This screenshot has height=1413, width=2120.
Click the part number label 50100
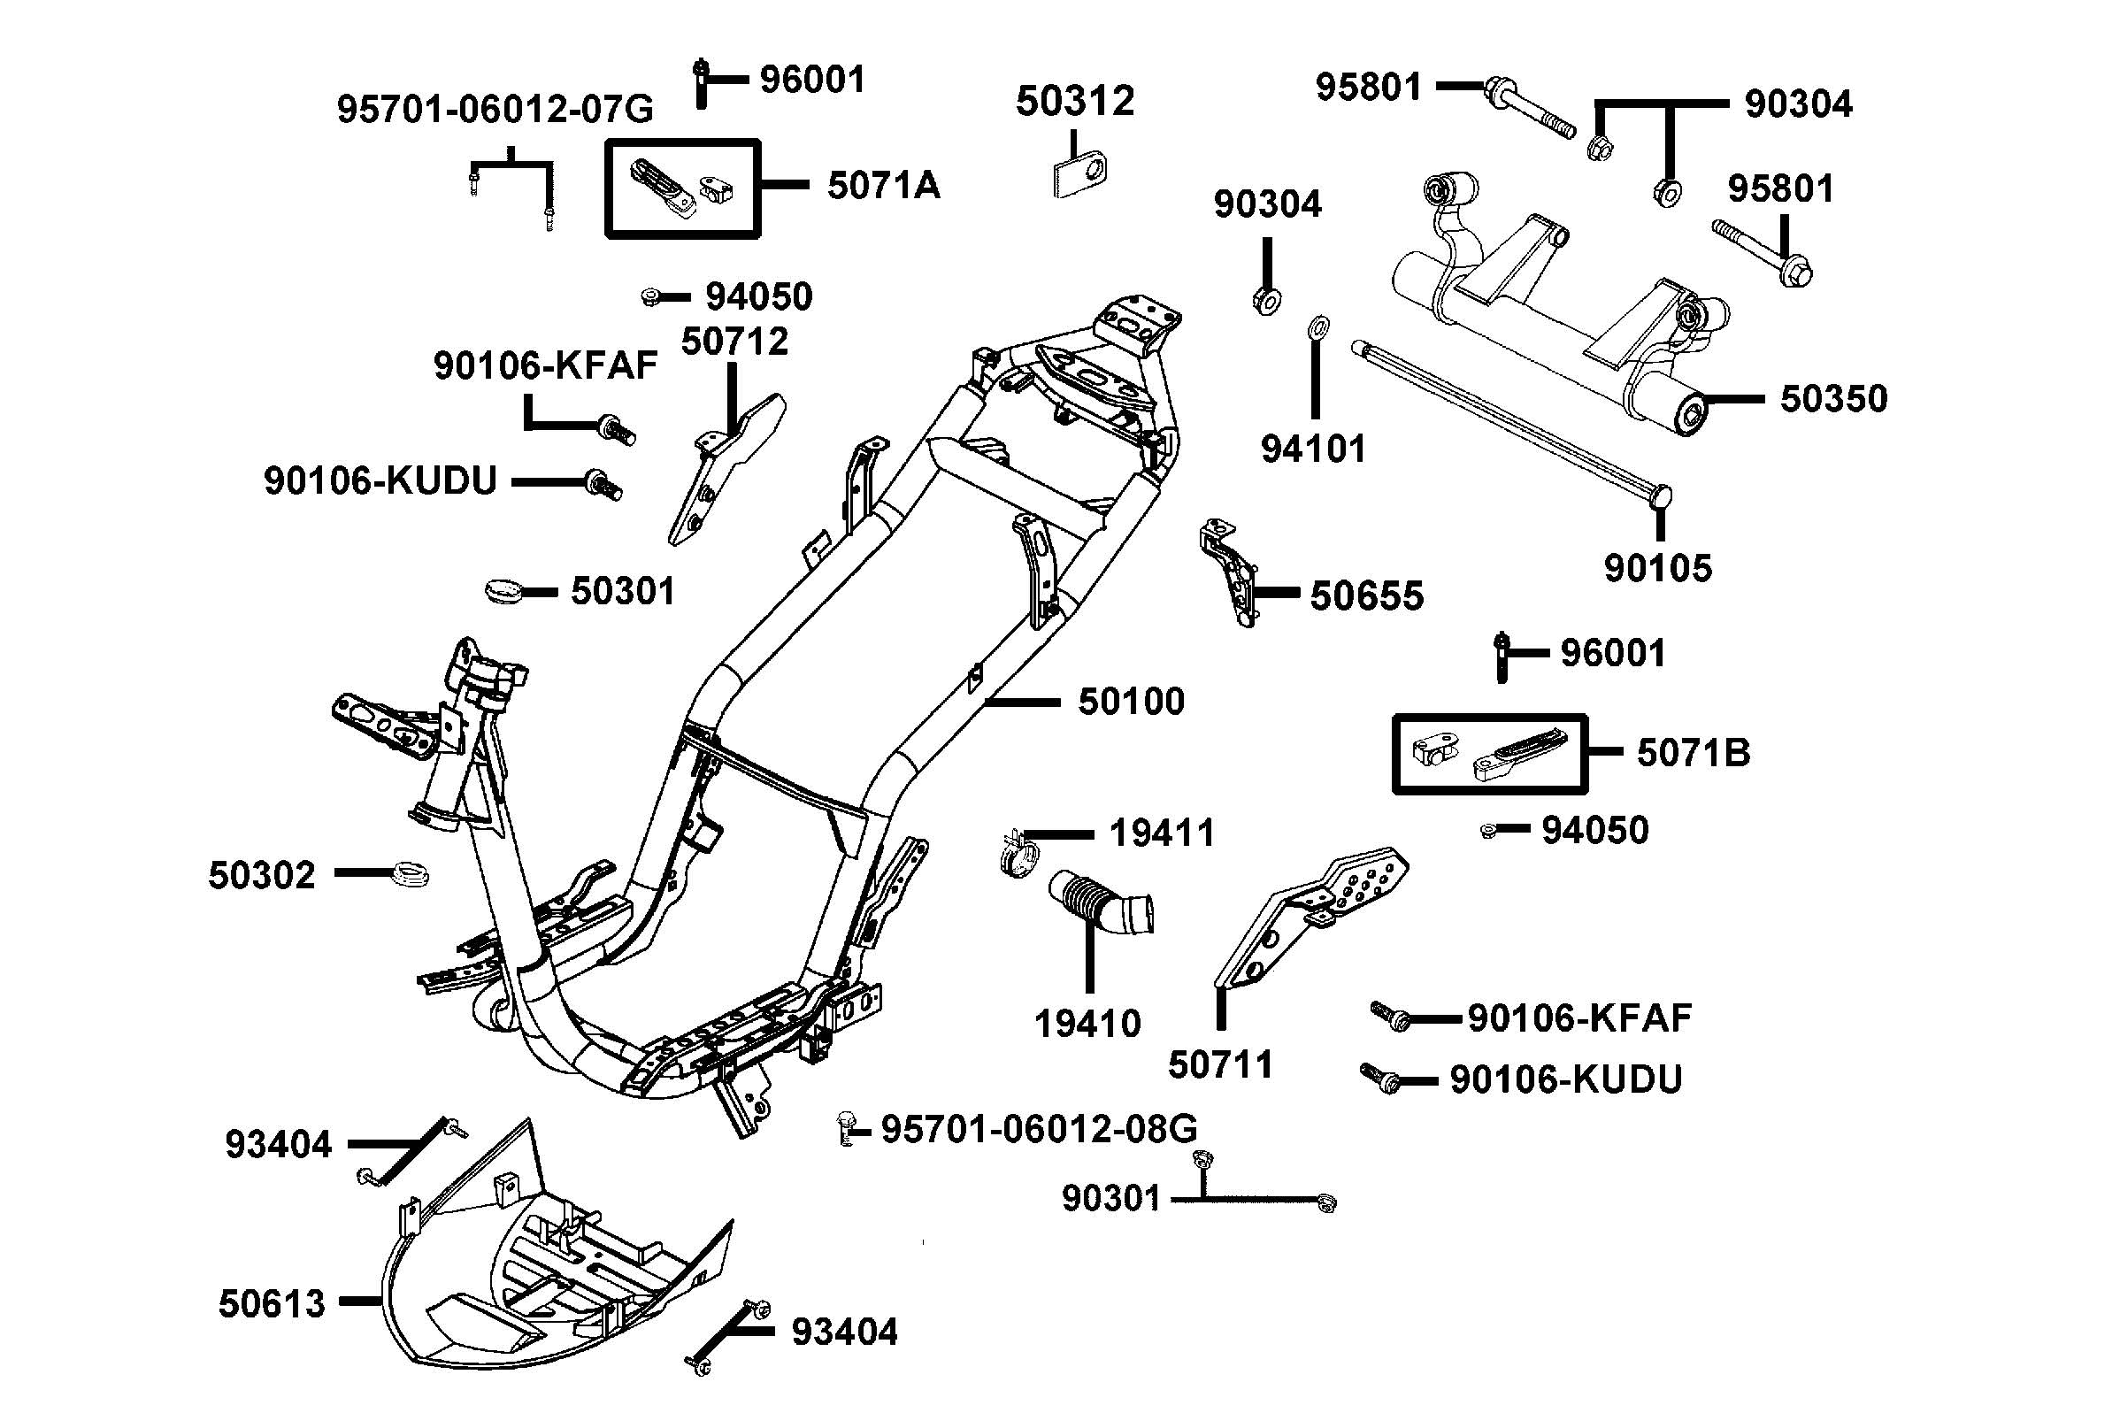(1131, 701)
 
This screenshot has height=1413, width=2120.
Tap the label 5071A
(883, 186)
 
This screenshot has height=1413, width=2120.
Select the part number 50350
(1832, 398)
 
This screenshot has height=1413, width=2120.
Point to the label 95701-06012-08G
(1039, 1127)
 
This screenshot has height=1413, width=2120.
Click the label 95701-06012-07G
(495, 109)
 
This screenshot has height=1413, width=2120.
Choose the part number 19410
(1087, 1023)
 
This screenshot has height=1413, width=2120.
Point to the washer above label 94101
(1316, 326)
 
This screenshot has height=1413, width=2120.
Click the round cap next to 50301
(505, 592)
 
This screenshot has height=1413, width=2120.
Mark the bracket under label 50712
(721, 469)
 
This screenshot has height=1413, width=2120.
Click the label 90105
(1658, 568)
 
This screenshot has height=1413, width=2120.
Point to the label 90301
(1111, 1198)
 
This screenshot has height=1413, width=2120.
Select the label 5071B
(1693, 752)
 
